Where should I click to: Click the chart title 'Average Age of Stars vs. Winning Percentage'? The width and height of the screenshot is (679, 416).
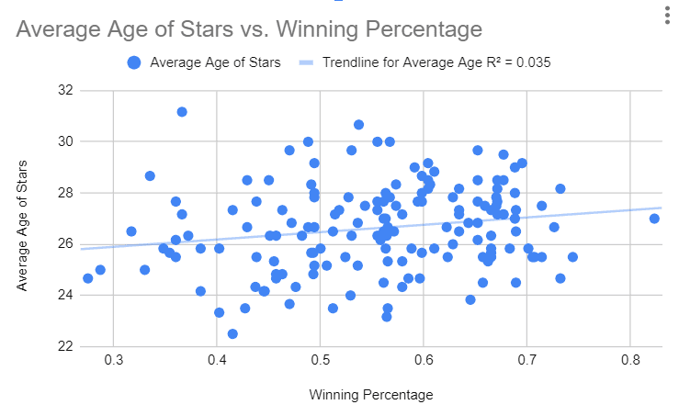click(x=249, y=29)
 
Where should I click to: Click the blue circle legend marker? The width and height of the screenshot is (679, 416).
click(x=135, y=63)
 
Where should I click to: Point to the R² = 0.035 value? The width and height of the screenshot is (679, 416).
click(x=514, y=63)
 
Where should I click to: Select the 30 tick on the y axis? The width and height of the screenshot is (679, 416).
click(x=63, y=141)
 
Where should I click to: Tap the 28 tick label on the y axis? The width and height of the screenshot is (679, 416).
click(x=63, y=193)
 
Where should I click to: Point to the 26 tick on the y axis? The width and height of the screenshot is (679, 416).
click(x=63, y=244)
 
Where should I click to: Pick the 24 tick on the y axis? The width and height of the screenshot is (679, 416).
click(x=63, y=295)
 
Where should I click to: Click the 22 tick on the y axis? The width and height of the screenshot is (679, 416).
click(x=63, y=346)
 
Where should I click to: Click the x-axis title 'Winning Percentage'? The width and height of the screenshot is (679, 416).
click(x=370, y=396)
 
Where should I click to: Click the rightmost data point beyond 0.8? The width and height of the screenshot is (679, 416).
click(x=654, y=219)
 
